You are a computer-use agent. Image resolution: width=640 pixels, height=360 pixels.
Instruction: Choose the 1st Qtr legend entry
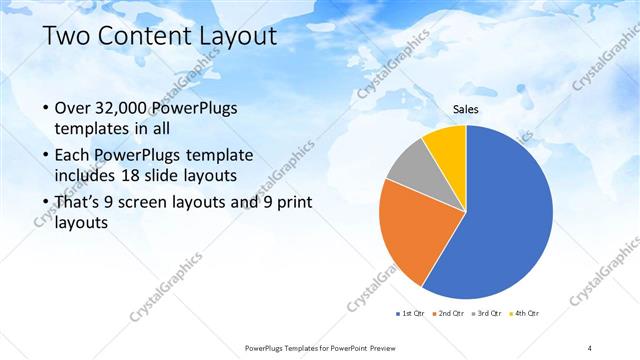411,314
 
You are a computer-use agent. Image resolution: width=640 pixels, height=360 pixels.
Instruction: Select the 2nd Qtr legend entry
450,314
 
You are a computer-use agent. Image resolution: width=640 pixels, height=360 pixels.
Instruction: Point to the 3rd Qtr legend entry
488,314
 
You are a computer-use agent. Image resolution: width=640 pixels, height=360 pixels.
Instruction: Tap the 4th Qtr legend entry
526,314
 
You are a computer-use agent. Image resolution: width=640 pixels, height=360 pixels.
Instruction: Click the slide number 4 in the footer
590,347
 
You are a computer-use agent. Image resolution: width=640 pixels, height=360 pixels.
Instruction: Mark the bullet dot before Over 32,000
46,109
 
